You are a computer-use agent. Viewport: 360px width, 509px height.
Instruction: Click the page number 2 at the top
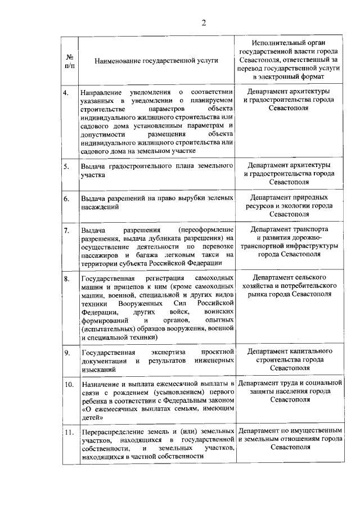[204, 23]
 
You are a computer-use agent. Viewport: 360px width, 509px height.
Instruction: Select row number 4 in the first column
[66, 92]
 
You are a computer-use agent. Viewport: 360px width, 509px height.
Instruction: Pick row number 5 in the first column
[66, 166]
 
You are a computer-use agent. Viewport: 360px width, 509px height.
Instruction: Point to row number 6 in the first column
[66, 199]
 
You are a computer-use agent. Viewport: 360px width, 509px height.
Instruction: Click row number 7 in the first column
[66, 230]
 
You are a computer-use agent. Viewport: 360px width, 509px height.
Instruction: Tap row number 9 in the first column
[66, 352]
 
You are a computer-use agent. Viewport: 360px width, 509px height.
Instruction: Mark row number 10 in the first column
[68, 385]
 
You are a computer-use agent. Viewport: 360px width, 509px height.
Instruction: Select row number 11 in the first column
[68, 433]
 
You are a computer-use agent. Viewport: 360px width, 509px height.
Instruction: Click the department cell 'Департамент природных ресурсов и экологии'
[289, 206]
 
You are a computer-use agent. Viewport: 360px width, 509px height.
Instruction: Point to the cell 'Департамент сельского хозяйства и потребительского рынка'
[289, 286]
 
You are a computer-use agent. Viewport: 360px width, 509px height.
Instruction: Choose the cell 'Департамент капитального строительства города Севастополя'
[289, 359]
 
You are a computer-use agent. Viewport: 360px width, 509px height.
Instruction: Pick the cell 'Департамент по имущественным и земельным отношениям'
[289, 439]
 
